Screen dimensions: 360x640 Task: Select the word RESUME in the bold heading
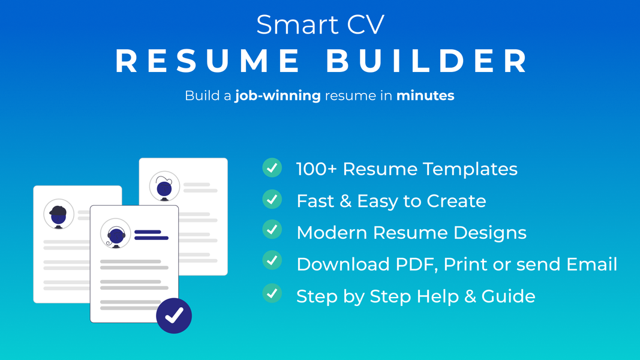pyautogui.click(x=208, y=61)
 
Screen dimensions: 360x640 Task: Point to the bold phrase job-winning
pyautogui.click(x=278, y=95)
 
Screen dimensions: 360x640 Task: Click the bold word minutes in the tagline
pyautogui.click(x=425, y=95)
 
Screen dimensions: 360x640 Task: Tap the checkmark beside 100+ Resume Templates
pyautogui.click(x=272, y=168)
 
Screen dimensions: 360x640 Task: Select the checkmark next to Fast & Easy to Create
pyautogui.click(x=272, y=199)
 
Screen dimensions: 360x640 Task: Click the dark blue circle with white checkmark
pyautogui.click(x=174, y=315)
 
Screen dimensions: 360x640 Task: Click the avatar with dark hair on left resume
pyautogui.click(x=58, y=214)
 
